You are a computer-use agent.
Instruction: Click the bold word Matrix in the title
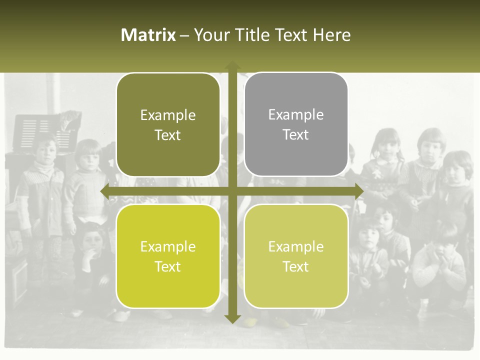click(x=148, y=35)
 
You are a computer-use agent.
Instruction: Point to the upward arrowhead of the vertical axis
click(x=232, y=65)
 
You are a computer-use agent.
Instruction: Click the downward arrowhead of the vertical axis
click(x=232, y=318)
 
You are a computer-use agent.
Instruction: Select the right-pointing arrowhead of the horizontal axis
click(x=358, y=191)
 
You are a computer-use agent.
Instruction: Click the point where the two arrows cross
click(x=232, y=191)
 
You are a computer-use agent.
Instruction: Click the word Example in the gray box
click(x=296, y=115)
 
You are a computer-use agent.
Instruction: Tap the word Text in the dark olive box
click(x=168, y=135)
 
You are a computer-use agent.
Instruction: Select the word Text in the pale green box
click(x=296, y=266)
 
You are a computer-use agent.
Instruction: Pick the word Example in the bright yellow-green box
click(x=168, y=246)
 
